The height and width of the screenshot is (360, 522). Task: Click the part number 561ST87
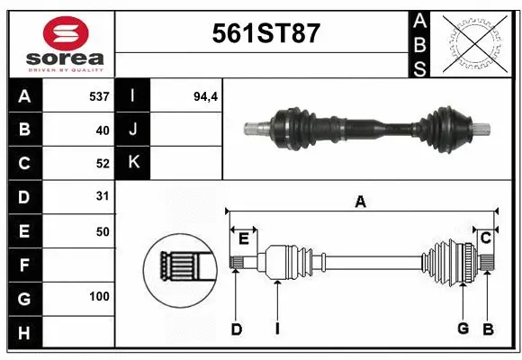265,34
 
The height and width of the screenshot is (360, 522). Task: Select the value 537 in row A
99,95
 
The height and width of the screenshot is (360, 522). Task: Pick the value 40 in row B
102,130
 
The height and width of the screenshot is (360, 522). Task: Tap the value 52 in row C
102,164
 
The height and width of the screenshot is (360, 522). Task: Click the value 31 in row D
102,196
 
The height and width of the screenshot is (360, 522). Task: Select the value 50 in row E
102,231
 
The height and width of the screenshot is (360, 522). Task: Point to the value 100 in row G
99,296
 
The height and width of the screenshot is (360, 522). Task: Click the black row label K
133,163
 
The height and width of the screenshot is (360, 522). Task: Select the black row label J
133,130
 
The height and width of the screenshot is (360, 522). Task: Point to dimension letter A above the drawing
360,202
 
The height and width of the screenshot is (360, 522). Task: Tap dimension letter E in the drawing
243,238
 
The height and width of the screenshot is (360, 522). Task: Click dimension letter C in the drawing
485,238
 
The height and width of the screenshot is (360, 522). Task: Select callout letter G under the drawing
463,328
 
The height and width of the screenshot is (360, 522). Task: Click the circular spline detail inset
177,267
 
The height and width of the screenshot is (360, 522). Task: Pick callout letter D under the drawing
236,329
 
